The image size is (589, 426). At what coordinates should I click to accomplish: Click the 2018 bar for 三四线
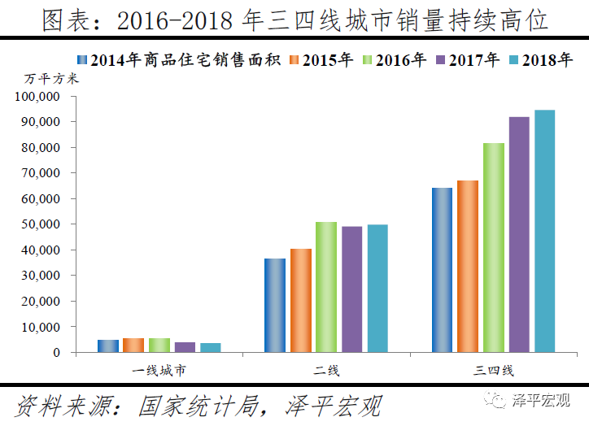click(x=544, y=231)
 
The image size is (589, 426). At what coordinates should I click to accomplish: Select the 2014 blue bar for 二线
click(x=274, y=305)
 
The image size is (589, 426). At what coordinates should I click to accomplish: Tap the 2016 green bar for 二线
click(x=325, y=287)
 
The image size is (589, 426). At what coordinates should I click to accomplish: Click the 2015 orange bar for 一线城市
click(x=133, y=345)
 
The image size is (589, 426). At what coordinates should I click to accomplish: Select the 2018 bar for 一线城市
click(x=210, y=347)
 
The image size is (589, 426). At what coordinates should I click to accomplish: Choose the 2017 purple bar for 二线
click(x=351, y=289)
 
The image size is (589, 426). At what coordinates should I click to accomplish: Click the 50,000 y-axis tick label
click(x=41, y=224)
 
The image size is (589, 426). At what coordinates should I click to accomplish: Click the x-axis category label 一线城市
click(x=159, y=372)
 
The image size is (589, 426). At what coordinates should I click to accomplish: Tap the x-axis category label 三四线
click(x=494, y=372)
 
